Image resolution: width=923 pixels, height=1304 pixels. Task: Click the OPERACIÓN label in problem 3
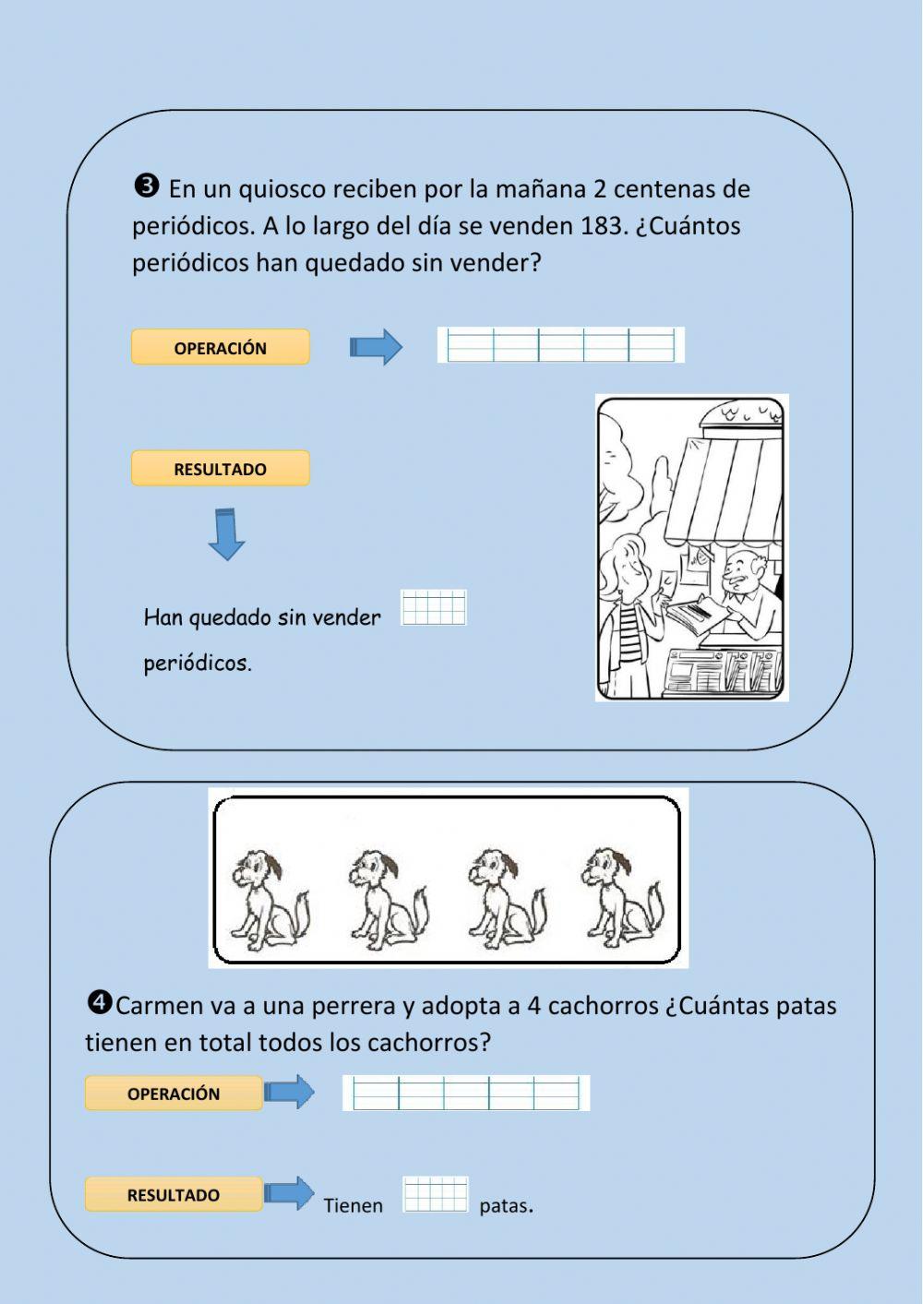(x=220, y=348)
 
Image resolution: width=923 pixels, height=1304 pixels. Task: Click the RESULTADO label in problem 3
(x=220, y=469)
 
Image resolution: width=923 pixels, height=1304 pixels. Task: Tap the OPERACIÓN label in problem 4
(x=174, y=1094)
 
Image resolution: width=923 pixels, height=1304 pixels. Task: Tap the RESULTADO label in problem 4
(x=174, y=1195)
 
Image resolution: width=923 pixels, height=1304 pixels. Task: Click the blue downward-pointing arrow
(x=226, y=534)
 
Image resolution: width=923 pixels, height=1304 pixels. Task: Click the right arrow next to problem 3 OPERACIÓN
(x=376, y=348)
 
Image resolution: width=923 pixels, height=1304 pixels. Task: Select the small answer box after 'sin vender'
(x=434, y=608)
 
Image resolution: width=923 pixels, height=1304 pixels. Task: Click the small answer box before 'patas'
(x=436, y=1194)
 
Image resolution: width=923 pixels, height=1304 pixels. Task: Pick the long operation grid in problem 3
(x=561, y=345)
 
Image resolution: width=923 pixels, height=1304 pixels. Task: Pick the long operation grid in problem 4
(x=466, y=1093)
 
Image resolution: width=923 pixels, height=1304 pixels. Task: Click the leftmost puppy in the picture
(x=266, y=899)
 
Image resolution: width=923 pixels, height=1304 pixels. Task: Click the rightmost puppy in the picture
(x=619, y=899)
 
